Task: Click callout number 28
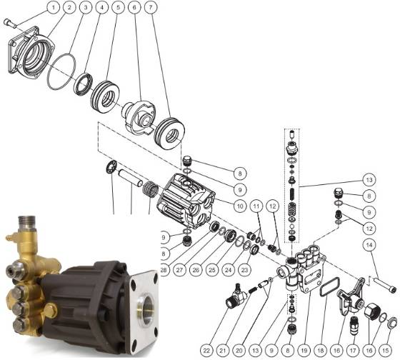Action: point(164,270)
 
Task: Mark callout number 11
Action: point(256,206)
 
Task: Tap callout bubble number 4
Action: point(101,7)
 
